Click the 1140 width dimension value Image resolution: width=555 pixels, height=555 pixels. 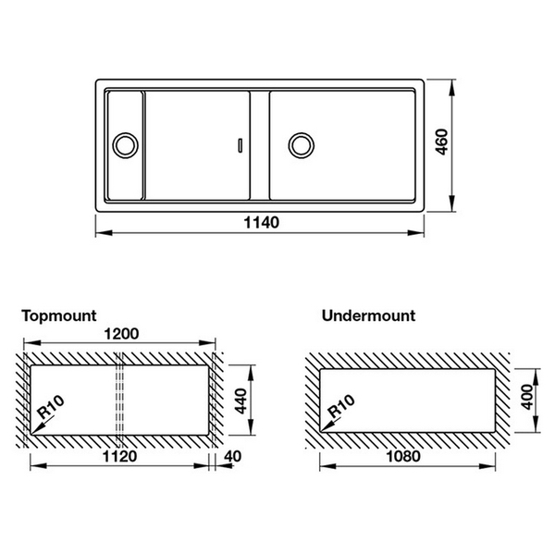tap(262, 223)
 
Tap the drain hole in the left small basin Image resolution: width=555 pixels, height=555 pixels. tap(124, 144)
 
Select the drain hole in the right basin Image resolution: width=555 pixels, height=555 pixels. tap(301, 144)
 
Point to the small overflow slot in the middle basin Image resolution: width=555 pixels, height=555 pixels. tap(241, 144)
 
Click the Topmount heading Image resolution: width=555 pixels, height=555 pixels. tap(58, 315)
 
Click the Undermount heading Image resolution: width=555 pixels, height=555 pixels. tap(368, 315)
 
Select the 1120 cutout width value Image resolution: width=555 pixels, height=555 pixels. tap(120, 456)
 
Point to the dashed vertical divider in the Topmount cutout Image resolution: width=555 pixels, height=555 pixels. tap(118, 398)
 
